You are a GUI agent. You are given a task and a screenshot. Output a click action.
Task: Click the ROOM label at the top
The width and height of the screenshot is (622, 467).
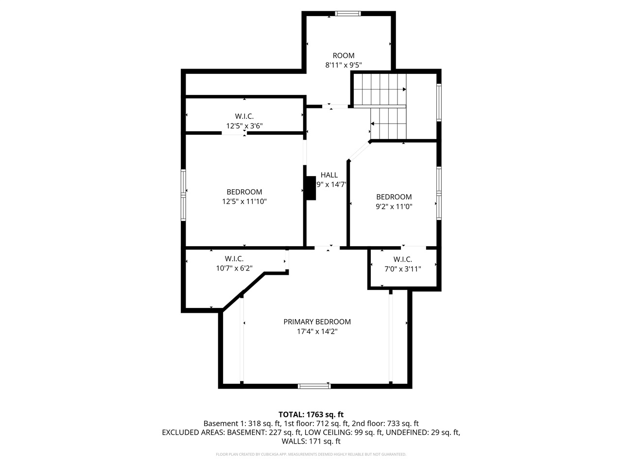coord(343,55)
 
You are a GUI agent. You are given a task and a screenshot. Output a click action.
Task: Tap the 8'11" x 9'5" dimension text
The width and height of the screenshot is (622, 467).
coord(343,65)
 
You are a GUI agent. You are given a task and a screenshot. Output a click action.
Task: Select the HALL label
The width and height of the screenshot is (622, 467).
coord(329,175)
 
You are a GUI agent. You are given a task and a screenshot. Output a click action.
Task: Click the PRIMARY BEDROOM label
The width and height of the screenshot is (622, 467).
coord(317,322)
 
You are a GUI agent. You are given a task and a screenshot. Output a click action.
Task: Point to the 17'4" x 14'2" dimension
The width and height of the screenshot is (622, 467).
coord(317,331)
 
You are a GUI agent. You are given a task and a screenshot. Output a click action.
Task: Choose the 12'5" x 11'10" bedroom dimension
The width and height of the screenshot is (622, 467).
coord(244,201)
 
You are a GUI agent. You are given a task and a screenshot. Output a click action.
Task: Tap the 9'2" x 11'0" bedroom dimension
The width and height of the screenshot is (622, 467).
coord(394,206)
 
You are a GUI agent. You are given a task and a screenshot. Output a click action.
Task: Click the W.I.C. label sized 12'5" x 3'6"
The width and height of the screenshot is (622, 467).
coord(244,116)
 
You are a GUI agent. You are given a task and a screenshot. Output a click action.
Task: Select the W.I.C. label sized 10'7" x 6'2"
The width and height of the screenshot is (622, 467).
coord(234,259)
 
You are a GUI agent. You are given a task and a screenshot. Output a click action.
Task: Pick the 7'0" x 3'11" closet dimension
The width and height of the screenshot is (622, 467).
coord(402,269)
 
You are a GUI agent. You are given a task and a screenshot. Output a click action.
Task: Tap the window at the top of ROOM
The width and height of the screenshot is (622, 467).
coord(348,14)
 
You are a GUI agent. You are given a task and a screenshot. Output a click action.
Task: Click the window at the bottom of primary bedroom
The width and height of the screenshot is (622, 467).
coord(314,386)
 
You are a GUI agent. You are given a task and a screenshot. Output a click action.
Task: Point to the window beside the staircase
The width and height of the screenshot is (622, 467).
coord(439,103)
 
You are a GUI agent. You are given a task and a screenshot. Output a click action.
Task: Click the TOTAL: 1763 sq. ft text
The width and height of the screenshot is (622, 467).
coord(311,414)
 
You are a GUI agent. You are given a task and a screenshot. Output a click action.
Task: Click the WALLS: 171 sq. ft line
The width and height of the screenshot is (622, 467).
coord(311,442)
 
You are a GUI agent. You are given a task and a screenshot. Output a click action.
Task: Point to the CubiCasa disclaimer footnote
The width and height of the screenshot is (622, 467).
coord(311,454)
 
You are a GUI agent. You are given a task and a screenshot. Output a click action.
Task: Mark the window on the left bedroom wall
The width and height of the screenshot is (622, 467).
coord(184,195)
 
